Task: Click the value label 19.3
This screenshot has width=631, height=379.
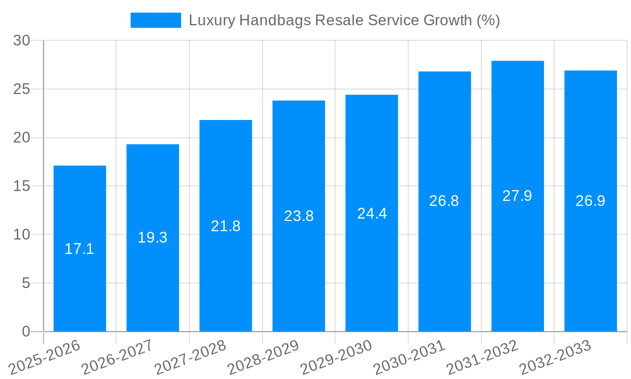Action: [153, 238]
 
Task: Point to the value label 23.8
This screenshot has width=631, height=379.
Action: [298, 216]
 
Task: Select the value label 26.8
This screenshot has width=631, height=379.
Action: [444, 201]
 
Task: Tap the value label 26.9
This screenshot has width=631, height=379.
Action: [590, 201]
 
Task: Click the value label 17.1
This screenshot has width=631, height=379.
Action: [80, 249]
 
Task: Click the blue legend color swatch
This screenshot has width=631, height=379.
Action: [155, 20]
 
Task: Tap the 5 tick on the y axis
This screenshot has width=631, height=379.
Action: [26, 283]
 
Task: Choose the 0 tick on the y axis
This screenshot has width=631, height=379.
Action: [26, 332]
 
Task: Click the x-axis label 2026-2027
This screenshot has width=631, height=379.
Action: [117, 357]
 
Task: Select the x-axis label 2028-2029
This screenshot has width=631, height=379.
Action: [263, 357]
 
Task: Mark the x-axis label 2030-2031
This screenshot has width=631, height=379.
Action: [409, 357]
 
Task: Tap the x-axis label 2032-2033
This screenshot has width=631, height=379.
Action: [555, 357]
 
